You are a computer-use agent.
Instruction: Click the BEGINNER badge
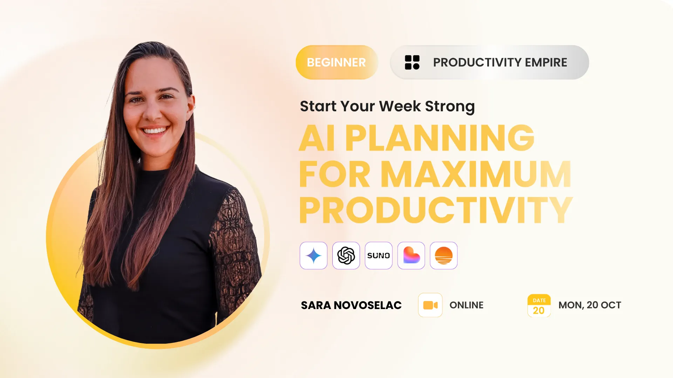coord(336,62)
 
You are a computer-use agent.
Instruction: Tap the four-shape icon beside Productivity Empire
coord(412,62)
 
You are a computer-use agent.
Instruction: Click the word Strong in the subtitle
coord(450,106)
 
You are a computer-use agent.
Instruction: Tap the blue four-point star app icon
coord(313,255)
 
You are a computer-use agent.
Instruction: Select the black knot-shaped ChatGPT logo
coord(346,255)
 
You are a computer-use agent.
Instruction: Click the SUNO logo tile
coord(379,255)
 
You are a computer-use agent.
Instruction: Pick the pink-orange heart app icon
coord(411,255)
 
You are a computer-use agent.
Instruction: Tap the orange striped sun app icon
coord(444,255)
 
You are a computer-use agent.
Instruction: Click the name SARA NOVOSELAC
coord(351,305)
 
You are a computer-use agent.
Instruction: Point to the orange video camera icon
coord(430,305)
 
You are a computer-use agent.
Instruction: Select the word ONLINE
coord(467,305)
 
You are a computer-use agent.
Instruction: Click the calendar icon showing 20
coord(539,306)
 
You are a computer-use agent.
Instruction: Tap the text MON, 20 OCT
coord(590,305)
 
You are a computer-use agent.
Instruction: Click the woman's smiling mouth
coord(155,131)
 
